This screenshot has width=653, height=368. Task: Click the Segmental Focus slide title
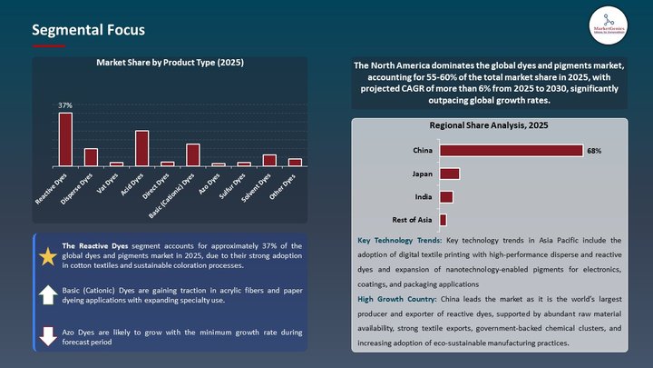(x=88, y=30)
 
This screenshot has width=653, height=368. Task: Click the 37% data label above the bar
(x=65, y=106)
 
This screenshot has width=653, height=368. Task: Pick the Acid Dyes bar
(x=141, y=148)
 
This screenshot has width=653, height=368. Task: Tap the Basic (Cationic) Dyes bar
(x=192, y=155)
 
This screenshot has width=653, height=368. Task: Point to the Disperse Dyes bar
(x=91, y=157)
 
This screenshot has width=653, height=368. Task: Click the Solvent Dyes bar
(x=269, y=161)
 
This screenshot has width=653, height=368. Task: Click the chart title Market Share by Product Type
(x=171, y=64)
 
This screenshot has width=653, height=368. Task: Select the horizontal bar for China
(x=511, y=150)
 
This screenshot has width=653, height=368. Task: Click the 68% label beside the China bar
(x=594, y=150)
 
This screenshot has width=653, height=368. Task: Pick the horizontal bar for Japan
(x=450, y=174)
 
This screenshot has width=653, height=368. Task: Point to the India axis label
(x=422, y=196)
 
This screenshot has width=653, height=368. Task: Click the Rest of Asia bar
(x=443, y=220)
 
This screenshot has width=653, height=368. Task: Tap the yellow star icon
(x=47, y=256)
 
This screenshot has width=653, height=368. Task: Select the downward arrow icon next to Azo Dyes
(x=47, y=336)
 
